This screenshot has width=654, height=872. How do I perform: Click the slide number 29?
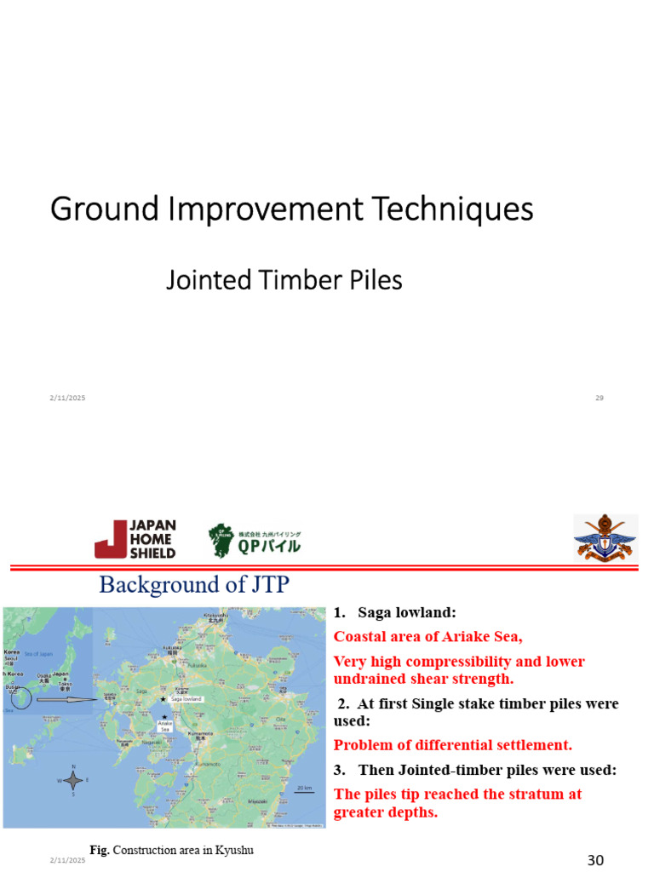click(599, 399)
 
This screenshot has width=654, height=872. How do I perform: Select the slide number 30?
click(595, 861)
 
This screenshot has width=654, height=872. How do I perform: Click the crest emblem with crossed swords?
click(605, 537)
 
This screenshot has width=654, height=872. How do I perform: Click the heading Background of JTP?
click(195, 585)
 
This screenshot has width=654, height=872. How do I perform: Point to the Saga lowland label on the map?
click(185, 698)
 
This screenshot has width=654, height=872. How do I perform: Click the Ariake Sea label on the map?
click(164, 726)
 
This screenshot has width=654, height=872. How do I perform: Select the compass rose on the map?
click(74, 779)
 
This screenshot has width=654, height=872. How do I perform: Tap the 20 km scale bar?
click(304, 790)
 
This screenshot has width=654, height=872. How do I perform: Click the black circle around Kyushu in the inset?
click(21, 699)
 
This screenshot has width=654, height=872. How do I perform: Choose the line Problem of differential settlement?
click(452, 745)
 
